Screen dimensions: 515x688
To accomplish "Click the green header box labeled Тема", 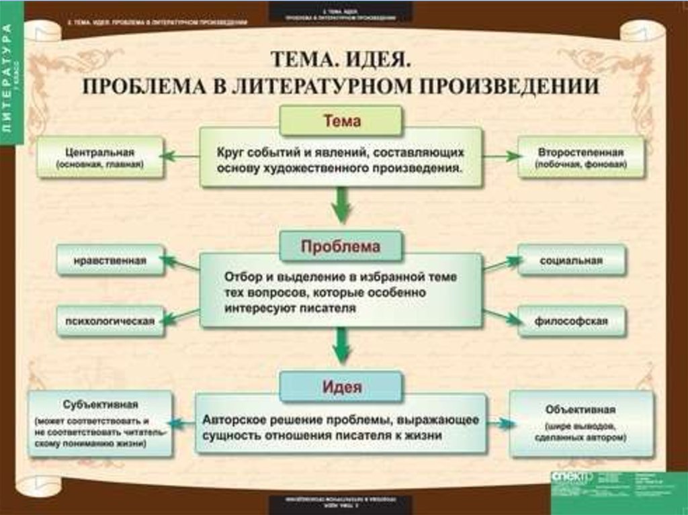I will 341,122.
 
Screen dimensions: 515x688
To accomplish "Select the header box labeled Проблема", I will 341,246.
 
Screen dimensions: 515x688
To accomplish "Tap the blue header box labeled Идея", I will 341,387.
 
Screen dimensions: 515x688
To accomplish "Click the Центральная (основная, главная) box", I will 100,157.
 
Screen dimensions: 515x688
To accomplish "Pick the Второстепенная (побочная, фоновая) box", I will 580,157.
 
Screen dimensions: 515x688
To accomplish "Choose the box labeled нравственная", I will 110,260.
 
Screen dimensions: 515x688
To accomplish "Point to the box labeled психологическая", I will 110,320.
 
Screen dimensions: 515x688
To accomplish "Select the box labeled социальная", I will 571,260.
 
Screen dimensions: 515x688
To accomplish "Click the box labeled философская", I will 571,320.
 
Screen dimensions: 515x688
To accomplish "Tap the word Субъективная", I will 100,405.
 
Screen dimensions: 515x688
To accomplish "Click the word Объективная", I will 581,408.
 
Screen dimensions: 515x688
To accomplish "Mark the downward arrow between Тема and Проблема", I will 341,205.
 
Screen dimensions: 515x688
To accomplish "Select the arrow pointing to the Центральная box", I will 180,156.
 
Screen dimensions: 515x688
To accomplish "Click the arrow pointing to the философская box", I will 501,316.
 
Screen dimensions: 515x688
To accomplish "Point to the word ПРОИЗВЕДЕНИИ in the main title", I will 525,86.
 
